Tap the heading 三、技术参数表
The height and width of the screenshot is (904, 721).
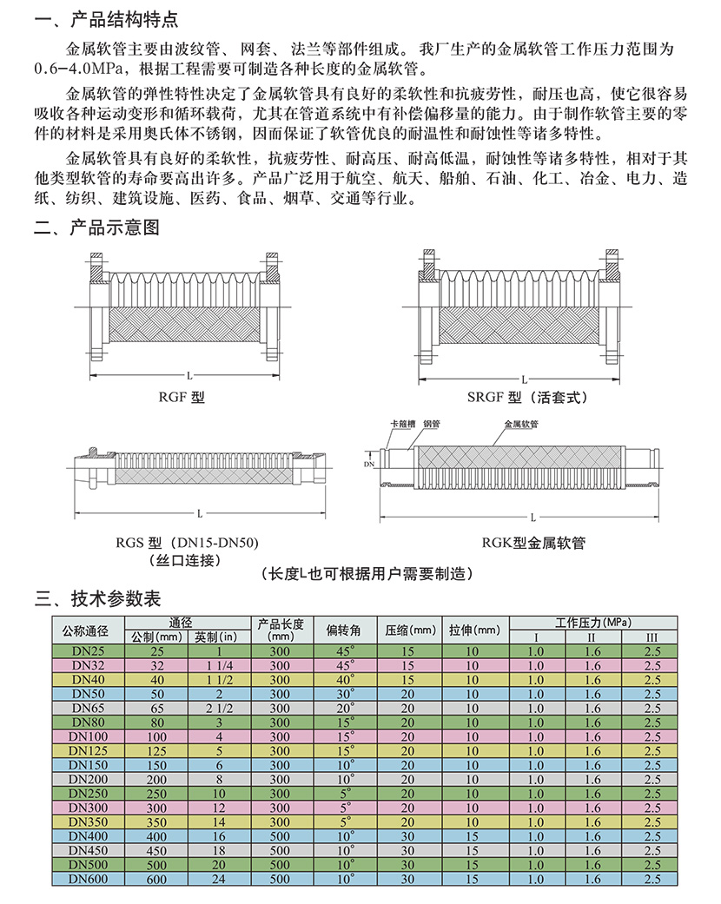(96, 598)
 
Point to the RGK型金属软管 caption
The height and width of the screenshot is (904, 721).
(533, 544)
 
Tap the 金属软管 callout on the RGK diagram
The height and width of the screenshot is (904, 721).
(520, 424)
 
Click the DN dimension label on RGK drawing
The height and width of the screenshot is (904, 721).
(367, 465)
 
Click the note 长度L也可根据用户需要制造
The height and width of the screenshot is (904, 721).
(367, 574)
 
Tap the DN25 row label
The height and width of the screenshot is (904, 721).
(89, 651)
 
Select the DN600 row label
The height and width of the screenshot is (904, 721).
(89, 879)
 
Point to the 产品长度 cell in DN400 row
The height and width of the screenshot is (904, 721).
(279, 836)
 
